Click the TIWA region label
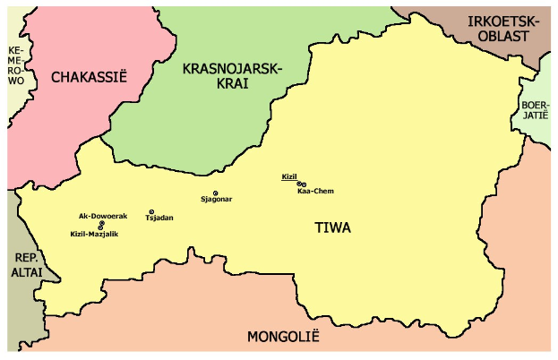click(333, 228)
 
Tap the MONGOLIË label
click(283, 338)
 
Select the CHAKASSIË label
click(90, 77)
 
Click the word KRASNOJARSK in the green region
click(232, 70)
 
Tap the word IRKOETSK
click(503, 21)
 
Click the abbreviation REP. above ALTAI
click(24, 257)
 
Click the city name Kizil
click(288, 176)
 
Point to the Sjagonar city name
click(217, 199)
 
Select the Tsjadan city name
click(159, 219)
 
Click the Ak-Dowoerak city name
click(103, 216)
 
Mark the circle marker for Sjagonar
click(216, 193)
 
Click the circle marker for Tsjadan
click(151, 212)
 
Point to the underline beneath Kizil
click(288, 181)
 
